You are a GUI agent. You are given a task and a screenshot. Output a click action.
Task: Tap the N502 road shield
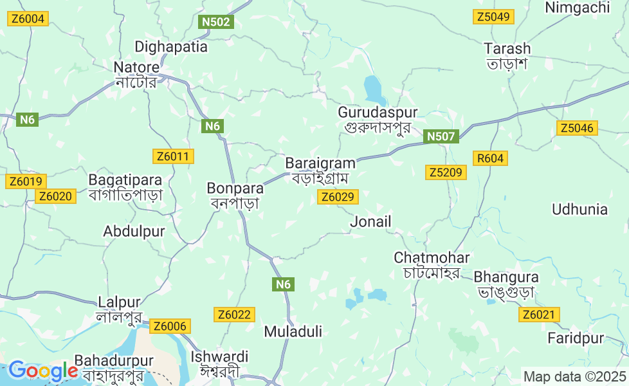click(215, 23)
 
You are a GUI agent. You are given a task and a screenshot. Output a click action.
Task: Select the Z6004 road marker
click(28, 19)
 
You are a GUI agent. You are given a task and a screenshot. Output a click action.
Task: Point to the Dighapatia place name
click(171, 47)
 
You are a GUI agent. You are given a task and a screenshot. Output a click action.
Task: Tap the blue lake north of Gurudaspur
click(374, 89)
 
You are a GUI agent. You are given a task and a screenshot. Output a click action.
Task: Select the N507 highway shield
click(441, 136)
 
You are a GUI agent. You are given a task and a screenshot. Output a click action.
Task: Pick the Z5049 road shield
click(493, 17)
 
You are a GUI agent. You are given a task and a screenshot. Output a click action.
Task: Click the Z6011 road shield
click(173, 156)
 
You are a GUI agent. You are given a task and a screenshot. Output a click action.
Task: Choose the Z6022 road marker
click(235, 315)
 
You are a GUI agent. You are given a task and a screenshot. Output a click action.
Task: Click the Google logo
click(42, 371)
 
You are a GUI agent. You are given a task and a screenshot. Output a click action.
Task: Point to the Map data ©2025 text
click(574, 376)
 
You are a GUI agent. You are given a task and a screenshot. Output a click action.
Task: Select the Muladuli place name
click(293, 332)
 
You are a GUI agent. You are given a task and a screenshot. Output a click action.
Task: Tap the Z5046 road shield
click(577, 128)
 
